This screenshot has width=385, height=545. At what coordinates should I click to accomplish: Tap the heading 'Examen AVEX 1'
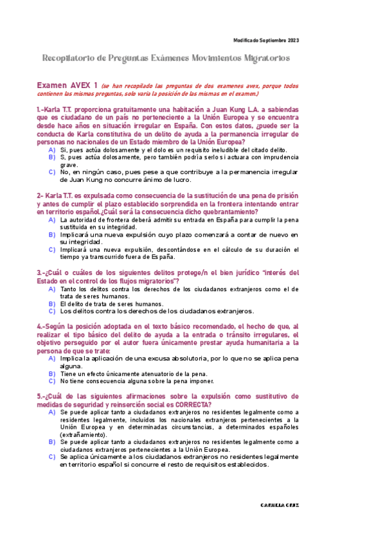(67, 85)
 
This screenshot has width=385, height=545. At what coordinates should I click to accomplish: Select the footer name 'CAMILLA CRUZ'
(279, 505)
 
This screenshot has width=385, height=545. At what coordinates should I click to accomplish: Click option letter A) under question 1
(52, 149)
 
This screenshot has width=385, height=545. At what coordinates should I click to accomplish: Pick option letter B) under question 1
(52, 157)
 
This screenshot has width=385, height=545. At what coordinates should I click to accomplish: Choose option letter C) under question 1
(52, 172)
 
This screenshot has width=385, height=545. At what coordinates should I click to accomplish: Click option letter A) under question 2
(52, 220)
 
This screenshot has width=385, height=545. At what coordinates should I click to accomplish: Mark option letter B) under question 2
(52, 235)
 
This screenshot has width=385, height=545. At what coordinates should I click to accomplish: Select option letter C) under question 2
(52, 250)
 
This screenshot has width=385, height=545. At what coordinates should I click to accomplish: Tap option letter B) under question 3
(52, 304)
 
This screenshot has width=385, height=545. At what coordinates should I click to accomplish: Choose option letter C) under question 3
(52, 312)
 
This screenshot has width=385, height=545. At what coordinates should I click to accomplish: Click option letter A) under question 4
(52, 357)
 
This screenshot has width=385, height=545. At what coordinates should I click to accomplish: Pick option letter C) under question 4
(52, 380)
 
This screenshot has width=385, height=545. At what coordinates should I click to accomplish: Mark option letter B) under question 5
(52, 442)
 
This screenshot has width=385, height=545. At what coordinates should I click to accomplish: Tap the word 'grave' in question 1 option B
(69, 165)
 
